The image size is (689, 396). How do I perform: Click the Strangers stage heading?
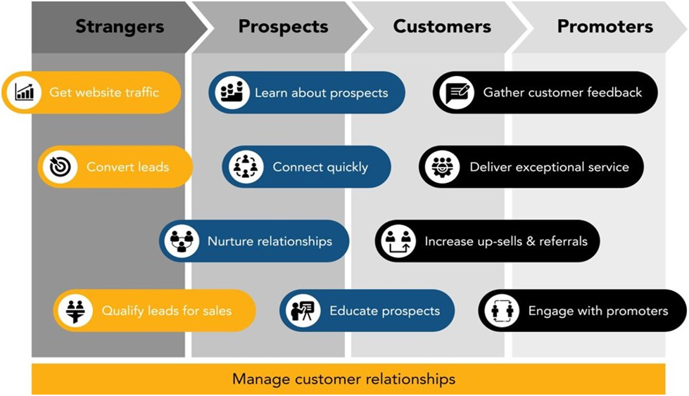(x=120, y=27)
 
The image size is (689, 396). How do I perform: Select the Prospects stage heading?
(x=284, y=27)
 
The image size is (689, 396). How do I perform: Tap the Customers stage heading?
(x=442, y=26)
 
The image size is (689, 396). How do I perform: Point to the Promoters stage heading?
(x=605, y=26)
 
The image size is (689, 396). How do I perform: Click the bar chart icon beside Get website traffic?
(x=24, y=92)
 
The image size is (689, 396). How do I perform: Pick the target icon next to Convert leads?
(x=61, y=167)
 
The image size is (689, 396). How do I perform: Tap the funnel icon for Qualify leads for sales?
(x=75, y=310)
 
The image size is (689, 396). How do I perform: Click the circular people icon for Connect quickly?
(x=246, y=167)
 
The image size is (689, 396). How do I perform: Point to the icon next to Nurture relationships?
(x=182, y=241)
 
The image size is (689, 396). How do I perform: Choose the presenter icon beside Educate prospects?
(x=303, y=310)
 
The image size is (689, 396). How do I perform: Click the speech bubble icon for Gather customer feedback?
(x=457, y=92)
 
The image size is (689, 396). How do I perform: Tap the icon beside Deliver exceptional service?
(x=442, y=167)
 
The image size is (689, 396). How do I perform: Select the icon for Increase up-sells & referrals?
(x=398, y=241)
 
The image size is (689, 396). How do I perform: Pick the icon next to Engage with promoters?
(x=502, y=310)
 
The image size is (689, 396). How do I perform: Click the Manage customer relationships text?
(x=343, y=379)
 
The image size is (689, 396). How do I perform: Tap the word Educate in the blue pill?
(x=353, y=310)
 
